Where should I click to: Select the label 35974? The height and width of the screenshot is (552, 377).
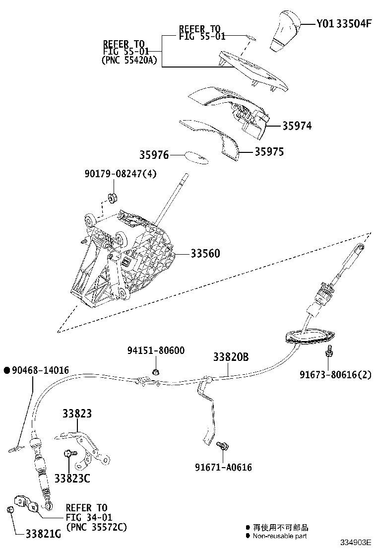(297, 126)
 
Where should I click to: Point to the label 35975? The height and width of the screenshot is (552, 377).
(269, 152)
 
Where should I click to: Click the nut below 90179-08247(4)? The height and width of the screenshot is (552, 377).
(113, 197)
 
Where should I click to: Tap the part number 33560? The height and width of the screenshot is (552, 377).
(205, 254)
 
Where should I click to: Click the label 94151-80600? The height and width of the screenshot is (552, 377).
(155, 350)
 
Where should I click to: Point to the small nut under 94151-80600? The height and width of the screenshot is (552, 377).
(155, 372)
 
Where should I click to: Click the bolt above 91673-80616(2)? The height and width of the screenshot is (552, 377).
(328, 353)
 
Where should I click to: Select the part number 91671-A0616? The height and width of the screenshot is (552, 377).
(223, 467)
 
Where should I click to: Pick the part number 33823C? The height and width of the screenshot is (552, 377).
(72, 478)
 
